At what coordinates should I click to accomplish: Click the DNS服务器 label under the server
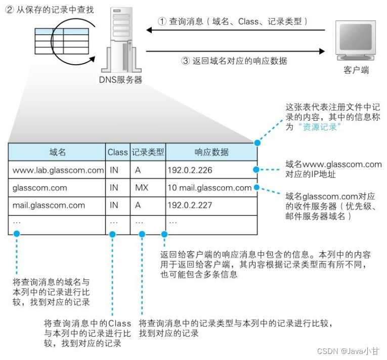[x=121, y=80]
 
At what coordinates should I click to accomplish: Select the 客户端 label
[x=356, y=70]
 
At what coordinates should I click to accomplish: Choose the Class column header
[x=117, y=152]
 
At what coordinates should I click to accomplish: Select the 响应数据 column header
[x=211, y=152]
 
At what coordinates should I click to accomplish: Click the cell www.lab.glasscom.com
[x=57, y=170]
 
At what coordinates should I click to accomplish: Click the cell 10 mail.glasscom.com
[x=209, y=188]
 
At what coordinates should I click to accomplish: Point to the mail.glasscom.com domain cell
[x=49, y=206]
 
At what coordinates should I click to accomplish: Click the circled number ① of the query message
[x=162, y=22]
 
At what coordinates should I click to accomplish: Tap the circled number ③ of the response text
[x=186, y=61]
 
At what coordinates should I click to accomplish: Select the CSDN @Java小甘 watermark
[x=349, y=350]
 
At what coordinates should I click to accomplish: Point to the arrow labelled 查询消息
[x=238, y=31]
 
